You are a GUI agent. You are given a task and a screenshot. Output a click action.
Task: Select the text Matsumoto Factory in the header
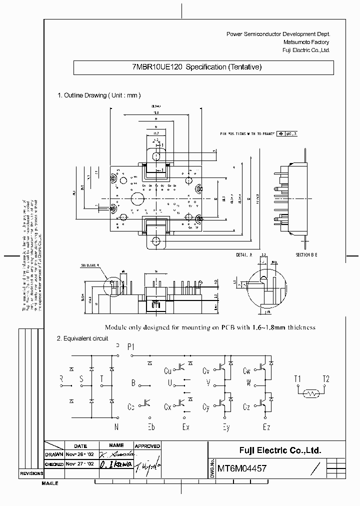[x=306, y=42]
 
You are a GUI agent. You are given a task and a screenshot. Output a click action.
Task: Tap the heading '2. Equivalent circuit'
[x=83, y=338]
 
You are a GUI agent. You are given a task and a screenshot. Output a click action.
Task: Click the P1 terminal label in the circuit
[x=131, y=346]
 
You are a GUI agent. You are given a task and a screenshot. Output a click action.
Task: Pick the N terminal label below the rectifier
[x=116, y=426]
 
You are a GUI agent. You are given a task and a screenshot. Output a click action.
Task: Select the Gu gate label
[x=168, y=371]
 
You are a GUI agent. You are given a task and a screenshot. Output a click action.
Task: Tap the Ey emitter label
[x=226, y=427]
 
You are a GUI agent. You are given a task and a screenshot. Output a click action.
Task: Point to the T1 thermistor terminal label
[x=297, y=378]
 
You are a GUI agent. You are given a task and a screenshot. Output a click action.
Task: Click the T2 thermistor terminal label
[x=326, y=378]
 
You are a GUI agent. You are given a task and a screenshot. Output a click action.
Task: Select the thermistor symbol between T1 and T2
[x=312, y=393]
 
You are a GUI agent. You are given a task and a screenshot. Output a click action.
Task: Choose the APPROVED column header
[x=147, y=446]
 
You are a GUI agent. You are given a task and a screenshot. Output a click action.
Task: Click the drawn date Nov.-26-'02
[x=80, y=454]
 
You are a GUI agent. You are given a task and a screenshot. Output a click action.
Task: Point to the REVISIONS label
[x=31, y=473]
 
